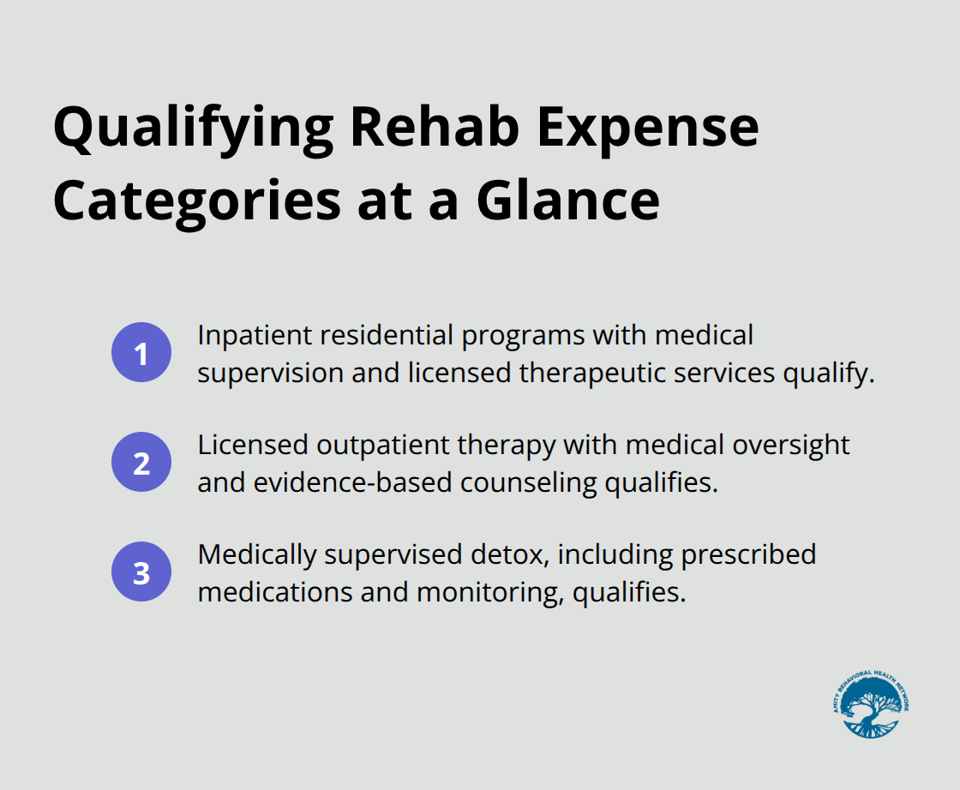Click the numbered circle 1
[x=141, y=352]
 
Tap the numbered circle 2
[x=141, y=463]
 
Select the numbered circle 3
[x=141, y=572]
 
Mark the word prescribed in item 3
[x=748, y=555]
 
